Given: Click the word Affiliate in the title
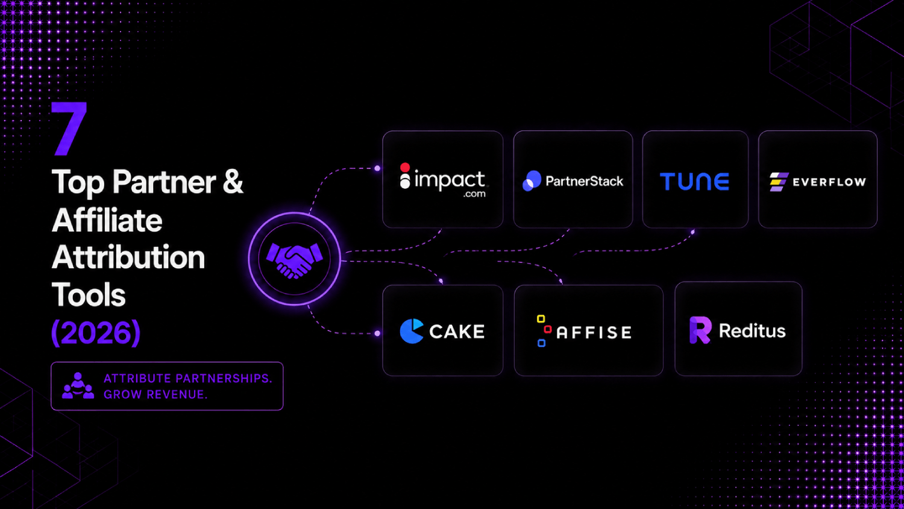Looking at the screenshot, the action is [107, 221].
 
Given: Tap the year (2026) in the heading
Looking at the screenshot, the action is [96, 332].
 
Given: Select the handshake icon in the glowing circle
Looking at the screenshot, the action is [295, 261].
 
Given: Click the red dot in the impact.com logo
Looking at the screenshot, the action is [405, 167].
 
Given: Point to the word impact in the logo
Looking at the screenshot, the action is [450, 180].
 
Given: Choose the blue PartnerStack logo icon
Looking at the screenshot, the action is [532, 180].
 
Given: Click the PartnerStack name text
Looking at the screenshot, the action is [585, 182].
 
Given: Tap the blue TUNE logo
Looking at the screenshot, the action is [694, 182].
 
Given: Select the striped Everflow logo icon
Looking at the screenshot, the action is [779, 182].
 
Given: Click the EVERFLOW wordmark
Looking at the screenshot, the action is [829, 182].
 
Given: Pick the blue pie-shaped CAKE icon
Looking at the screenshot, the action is [412, 331].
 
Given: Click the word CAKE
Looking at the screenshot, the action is [457, 332].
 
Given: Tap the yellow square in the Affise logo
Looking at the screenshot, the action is [541, 319].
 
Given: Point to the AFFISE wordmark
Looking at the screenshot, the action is [594, 332].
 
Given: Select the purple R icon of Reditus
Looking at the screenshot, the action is [700, 330].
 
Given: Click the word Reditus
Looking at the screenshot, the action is [752, 331].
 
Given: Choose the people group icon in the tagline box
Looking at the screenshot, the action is [78, 386].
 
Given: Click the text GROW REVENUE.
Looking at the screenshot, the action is [155, 394].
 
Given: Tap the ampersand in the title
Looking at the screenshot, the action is [233, 181].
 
